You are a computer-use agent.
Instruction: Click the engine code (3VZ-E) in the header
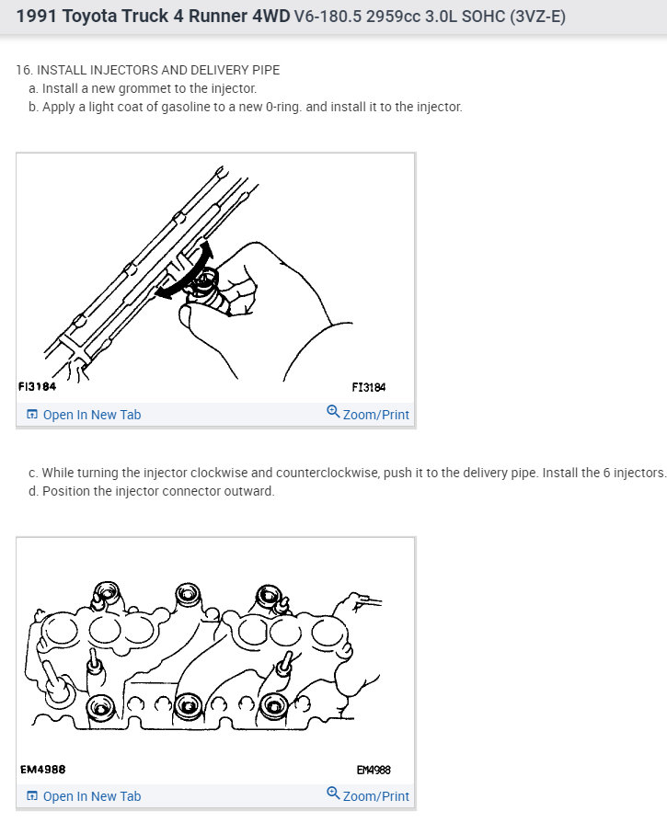click(x=537, y=17)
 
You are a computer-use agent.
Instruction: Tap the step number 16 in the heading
click(x=23, y=70)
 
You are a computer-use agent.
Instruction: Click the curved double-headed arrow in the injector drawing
click(x=190, y=270)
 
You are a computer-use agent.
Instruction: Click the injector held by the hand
click(x=211, y=290)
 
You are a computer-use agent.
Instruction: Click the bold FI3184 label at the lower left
click(x=37, y=387)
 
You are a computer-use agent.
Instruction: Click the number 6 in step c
click(x=607, y=473)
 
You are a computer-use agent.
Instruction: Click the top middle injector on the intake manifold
click(x=188, y=595)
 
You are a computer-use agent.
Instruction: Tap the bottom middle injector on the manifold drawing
click(x=188, y=706)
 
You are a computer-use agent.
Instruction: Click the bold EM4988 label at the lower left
click(x=42, y=769)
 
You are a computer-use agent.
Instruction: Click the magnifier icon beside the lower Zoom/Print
click(x=333, y=793)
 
